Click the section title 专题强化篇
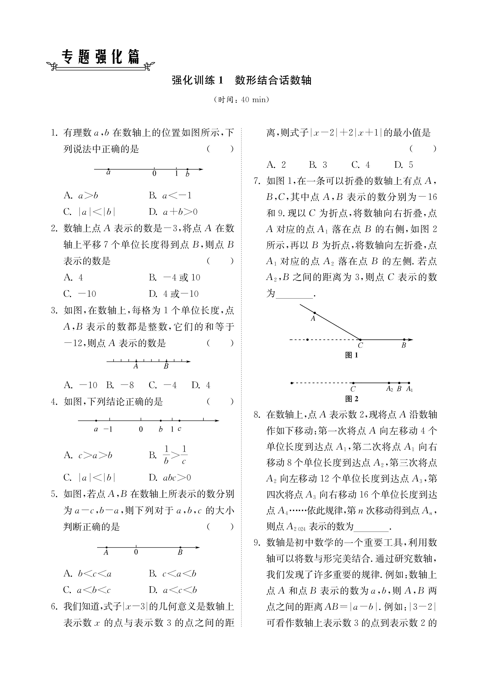[x=100, y=57]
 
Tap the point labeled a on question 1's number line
[x=108, y=169]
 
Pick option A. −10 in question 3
[x=80, y=385]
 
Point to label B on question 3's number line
[x=166, y=367]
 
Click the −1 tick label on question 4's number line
[x=108, y=429]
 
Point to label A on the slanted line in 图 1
[x=313, y=319]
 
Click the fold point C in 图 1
[x=360, y=340]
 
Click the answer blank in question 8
[x=371, y=527]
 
